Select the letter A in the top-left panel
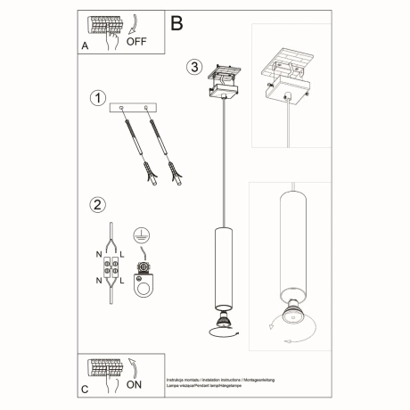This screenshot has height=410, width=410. point(85,43)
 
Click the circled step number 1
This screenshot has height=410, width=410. point(98,97)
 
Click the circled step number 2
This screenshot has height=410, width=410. point(97,205)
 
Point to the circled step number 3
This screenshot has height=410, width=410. point(195,68)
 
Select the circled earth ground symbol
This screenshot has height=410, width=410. point(139,236)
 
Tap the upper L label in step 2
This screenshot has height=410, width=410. point(123,254)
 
